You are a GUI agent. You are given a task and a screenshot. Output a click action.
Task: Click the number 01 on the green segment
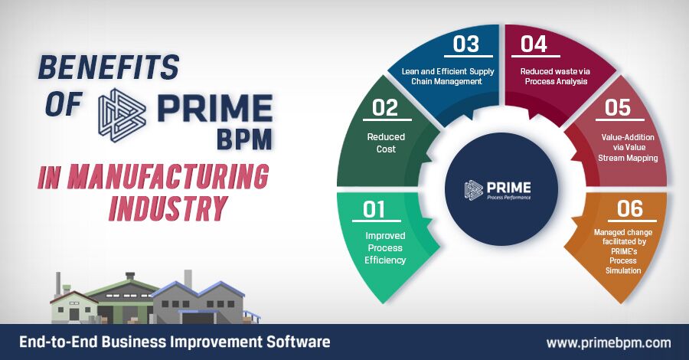[374, 209]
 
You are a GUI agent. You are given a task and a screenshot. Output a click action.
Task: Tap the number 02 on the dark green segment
[385, 108]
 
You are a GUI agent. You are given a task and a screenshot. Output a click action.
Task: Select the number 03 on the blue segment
[465, 44]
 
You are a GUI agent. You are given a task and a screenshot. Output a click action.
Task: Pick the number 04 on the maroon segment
[534, 44]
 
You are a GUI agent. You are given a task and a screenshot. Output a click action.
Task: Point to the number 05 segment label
[617, 108]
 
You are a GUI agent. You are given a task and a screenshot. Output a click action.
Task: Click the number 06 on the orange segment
[630, 209]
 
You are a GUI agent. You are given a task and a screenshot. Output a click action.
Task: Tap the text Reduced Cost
[386, 143]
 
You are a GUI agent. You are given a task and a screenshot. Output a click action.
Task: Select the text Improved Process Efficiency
[385, 248]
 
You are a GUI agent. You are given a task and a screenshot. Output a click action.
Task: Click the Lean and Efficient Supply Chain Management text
[448, 76]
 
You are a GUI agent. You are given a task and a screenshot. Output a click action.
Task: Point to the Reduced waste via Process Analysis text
[556, 76]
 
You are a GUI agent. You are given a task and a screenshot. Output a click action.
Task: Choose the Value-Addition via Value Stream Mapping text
[628, 148]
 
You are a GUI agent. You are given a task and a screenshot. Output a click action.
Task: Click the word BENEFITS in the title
[109, 67]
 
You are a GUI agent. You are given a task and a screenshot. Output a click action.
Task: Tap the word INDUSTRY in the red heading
[168, 208]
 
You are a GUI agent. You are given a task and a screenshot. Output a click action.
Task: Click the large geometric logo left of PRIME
[122, 115]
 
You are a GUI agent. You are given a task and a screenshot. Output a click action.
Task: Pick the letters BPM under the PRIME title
[244, 139]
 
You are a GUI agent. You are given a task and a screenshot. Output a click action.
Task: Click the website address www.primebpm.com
[609, 343]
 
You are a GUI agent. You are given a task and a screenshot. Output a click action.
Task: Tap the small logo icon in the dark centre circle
[474, 190]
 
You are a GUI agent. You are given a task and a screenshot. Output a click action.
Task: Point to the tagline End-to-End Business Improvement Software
[175, 342]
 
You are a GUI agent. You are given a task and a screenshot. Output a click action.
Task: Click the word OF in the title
[64, 105]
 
